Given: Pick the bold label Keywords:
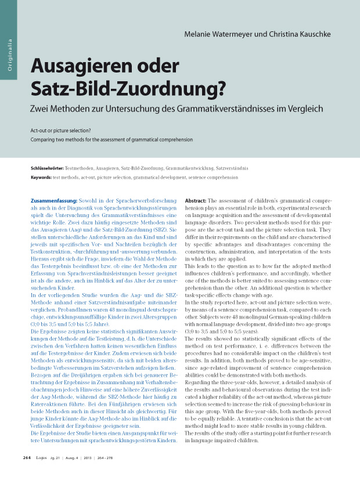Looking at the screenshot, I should click(x=41, y=176).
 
